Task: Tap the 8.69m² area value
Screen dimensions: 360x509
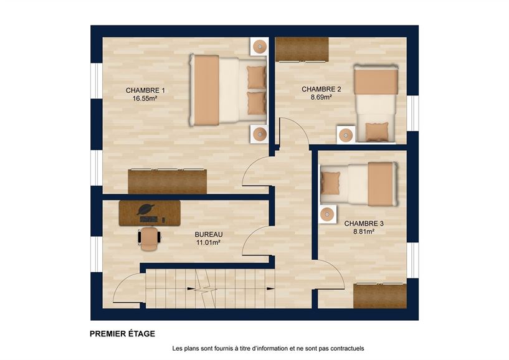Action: point(321,97)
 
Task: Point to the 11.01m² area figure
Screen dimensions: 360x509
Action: point(209,242)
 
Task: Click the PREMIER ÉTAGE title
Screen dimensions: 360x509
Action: point(123,334)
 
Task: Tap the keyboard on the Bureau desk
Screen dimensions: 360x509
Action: point(149,219)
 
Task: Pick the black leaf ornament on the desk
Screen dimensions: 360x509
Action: point(146,209)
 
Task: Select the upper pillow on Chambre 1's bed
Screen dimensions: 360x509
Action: point(256,77)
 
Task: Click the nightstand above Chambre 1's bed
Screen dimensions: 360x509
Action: point(259,45)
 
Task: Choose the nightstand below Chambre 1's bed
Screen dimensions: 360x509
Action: point(259,133)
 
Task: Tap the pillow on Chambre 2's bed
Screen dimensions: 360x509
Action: point(376,131)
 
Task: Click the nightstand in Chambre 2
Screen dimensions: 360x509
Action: point(346,135)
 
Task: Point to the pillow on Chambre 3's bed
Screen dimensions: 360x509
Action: point(330,182)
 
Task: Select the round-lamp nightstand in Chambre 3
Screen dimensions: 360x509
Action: point(328,213)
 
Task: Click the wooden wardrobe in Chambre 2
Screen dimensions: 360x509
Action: point(302,49)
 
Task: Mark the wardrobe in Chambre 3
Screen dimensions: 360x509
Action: point(379,295)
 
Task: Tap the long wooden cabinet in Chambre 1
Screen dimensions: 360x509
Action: point(167,181)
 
